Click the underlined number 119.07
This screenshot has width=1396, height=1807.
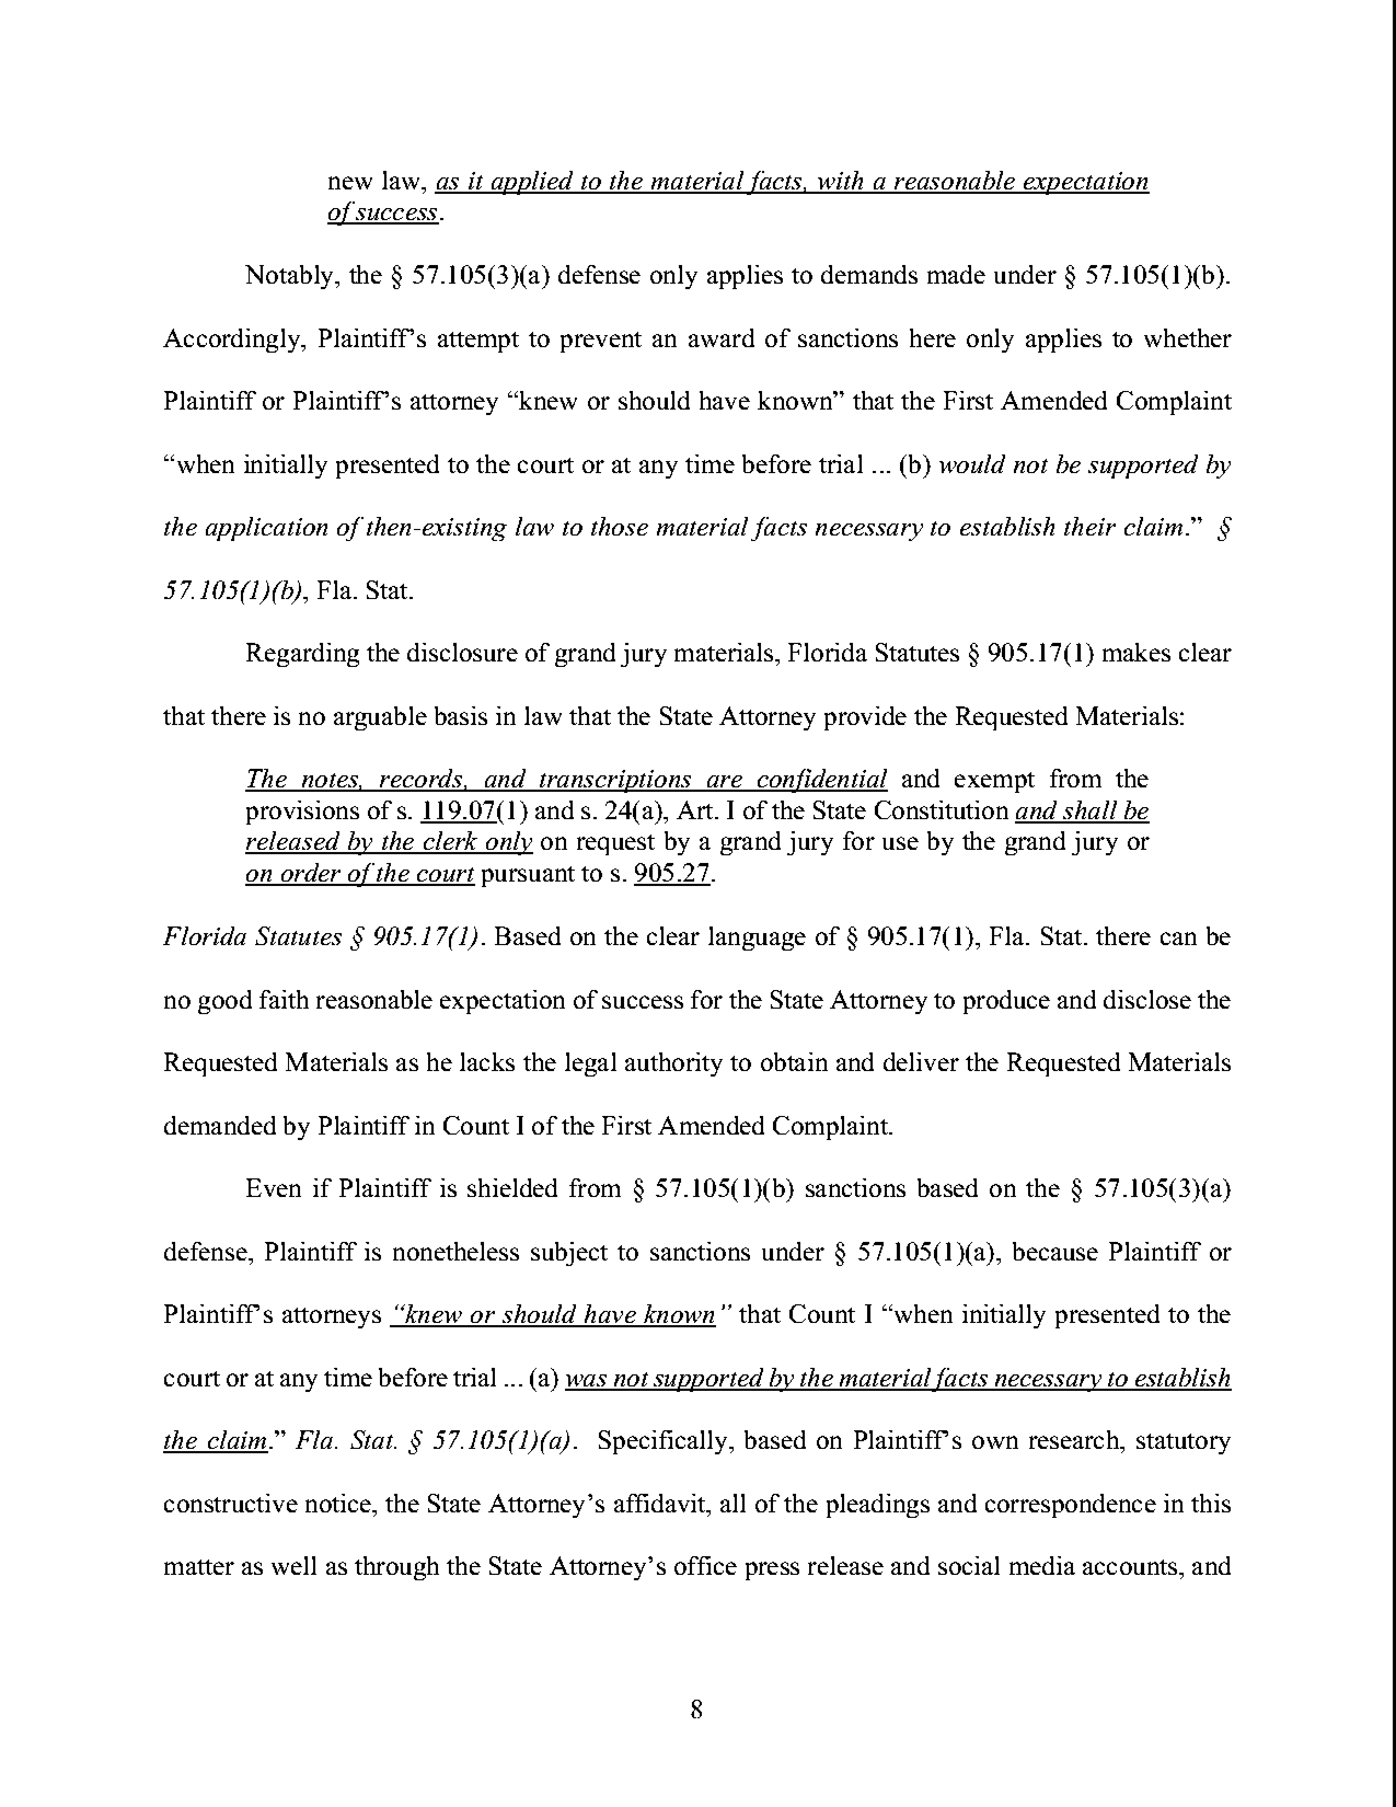click(458, 811)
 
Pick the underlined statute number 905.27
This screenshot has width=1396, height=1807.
click(672, 874)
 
